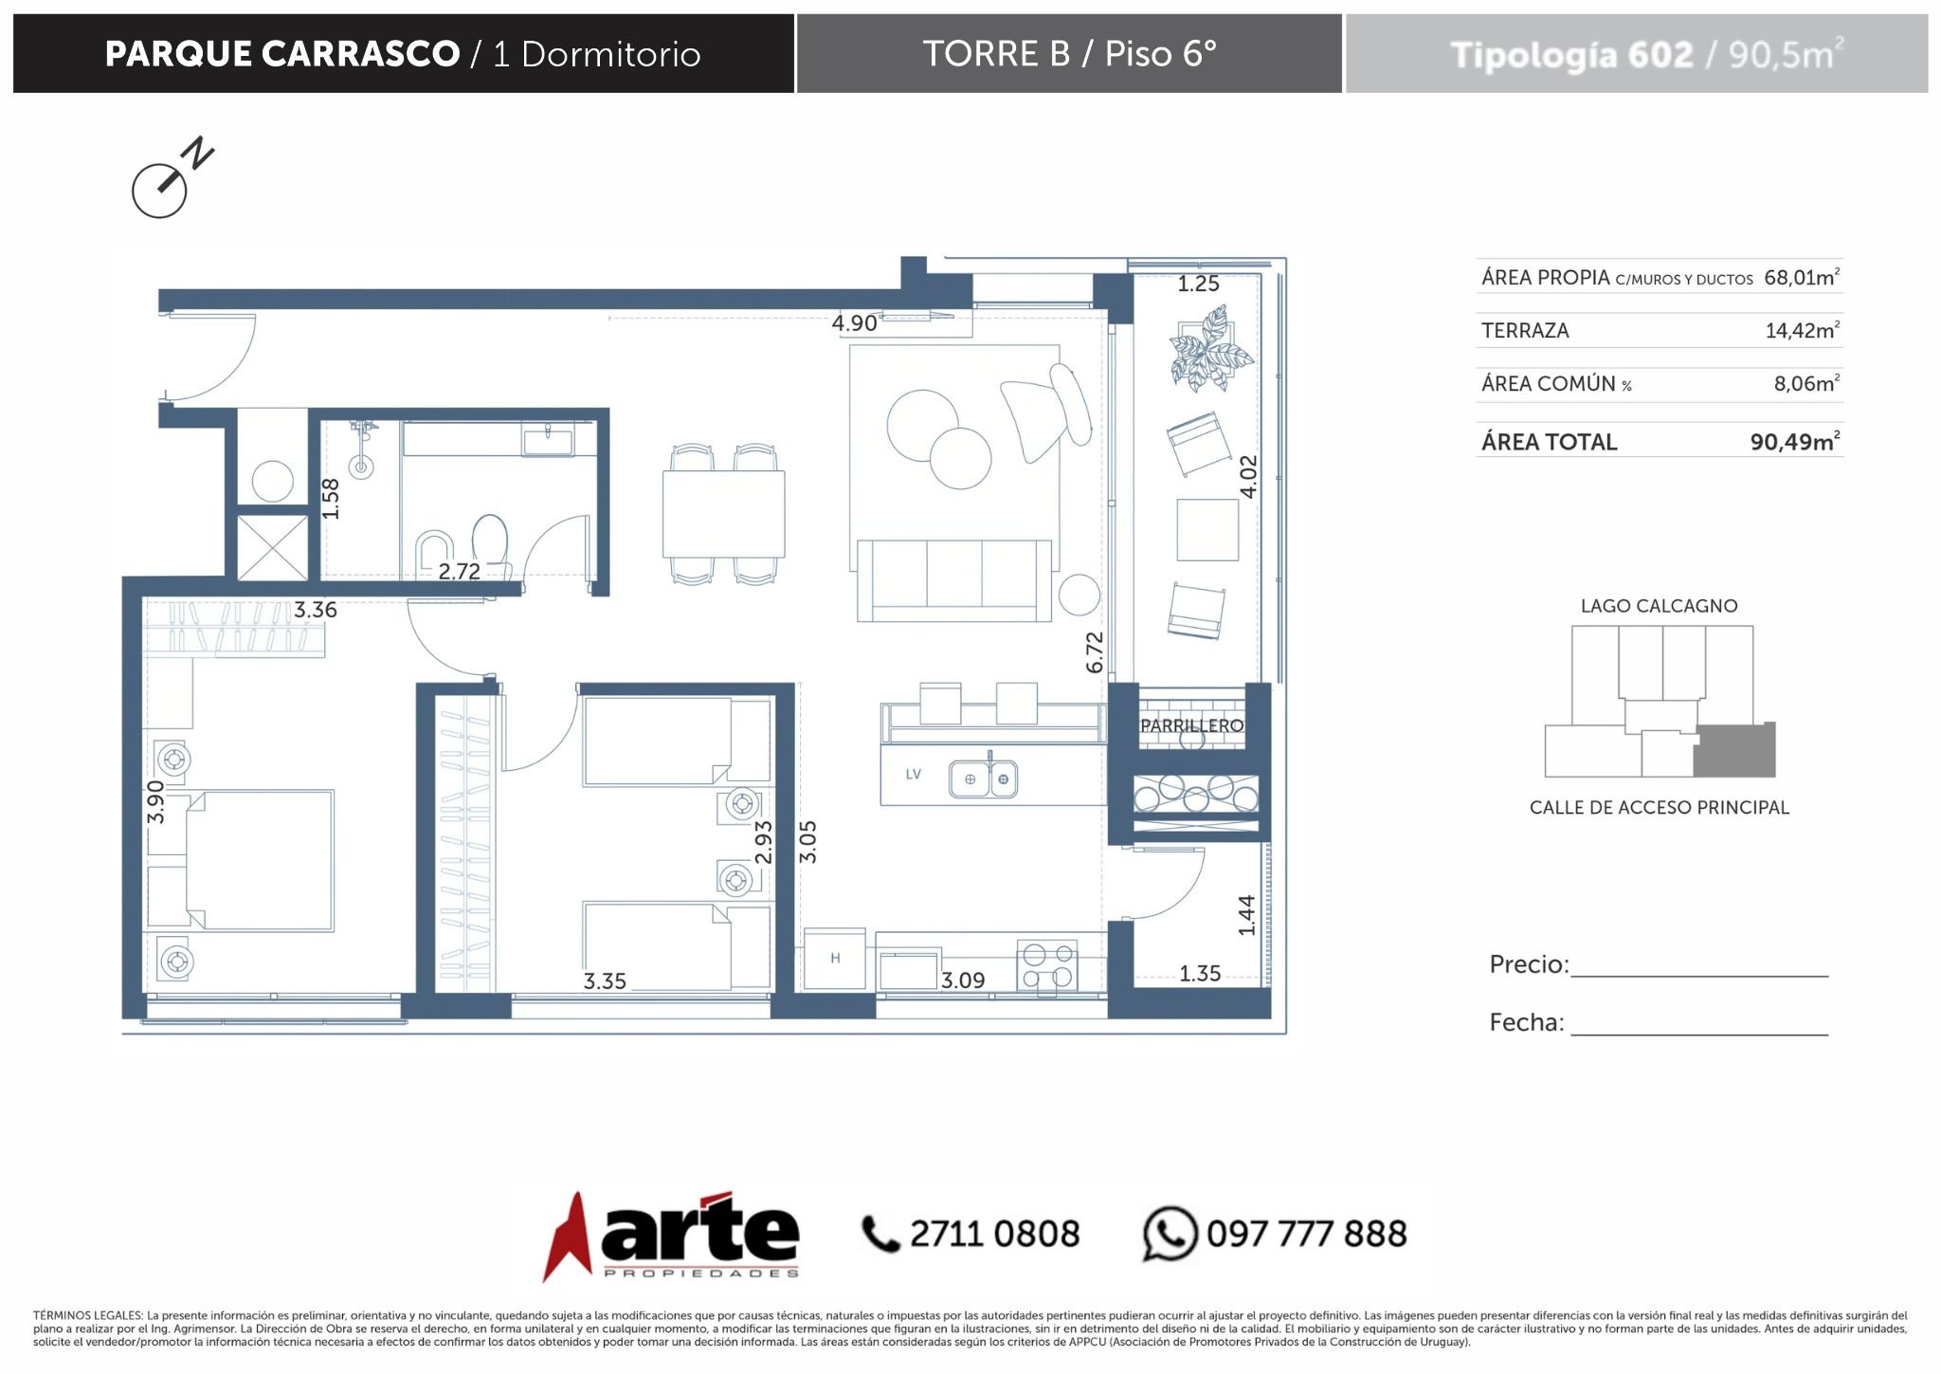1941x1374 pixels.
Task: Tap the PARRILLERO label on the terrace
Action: click(x=1191, y=725)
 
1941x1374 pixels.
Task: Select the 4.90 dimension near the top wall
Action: click(x=854, y=323)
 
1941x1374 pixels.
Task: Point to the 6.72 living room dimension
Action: click(x=1095, y=652)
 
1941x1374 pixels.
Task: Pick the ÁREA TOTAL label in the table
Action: click(x=1550, y=442)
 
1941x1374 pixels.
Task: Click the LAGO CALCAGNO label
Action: click(x=1659, y=606)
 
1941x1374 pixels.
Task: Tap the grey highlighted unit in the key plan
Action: click(x=1734, y=750)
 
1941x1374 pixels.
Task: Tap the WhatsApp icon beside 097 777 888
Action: click(x=1170, y=1234)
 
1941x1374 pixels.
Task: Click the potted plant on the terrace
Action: click(x=1208, y=349)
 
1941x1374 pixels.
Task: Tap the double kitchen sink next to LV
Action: click(x=984, y=779)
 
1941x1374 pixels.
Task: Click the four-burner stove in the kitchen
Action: click(x=1047, y=965)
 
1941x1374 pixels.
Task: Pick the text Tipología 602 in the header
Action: click(x=1571, y=55)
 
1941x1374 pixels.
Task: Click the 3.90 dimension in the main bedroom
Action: click(x=155, y=802)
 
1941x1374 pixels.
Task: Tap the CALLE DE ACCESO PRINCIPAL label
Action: click(x=1659, y=808)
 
